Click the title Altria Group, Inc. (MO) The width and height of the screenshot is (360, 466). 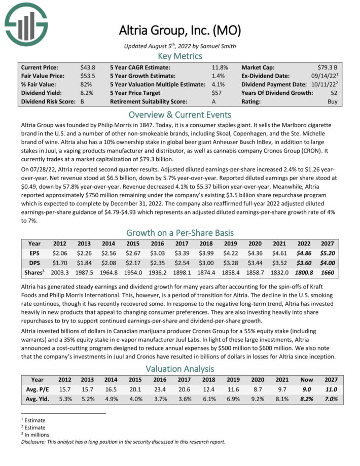point(179,30)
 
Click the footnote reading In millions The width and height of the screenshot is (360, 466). point(34,435)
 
